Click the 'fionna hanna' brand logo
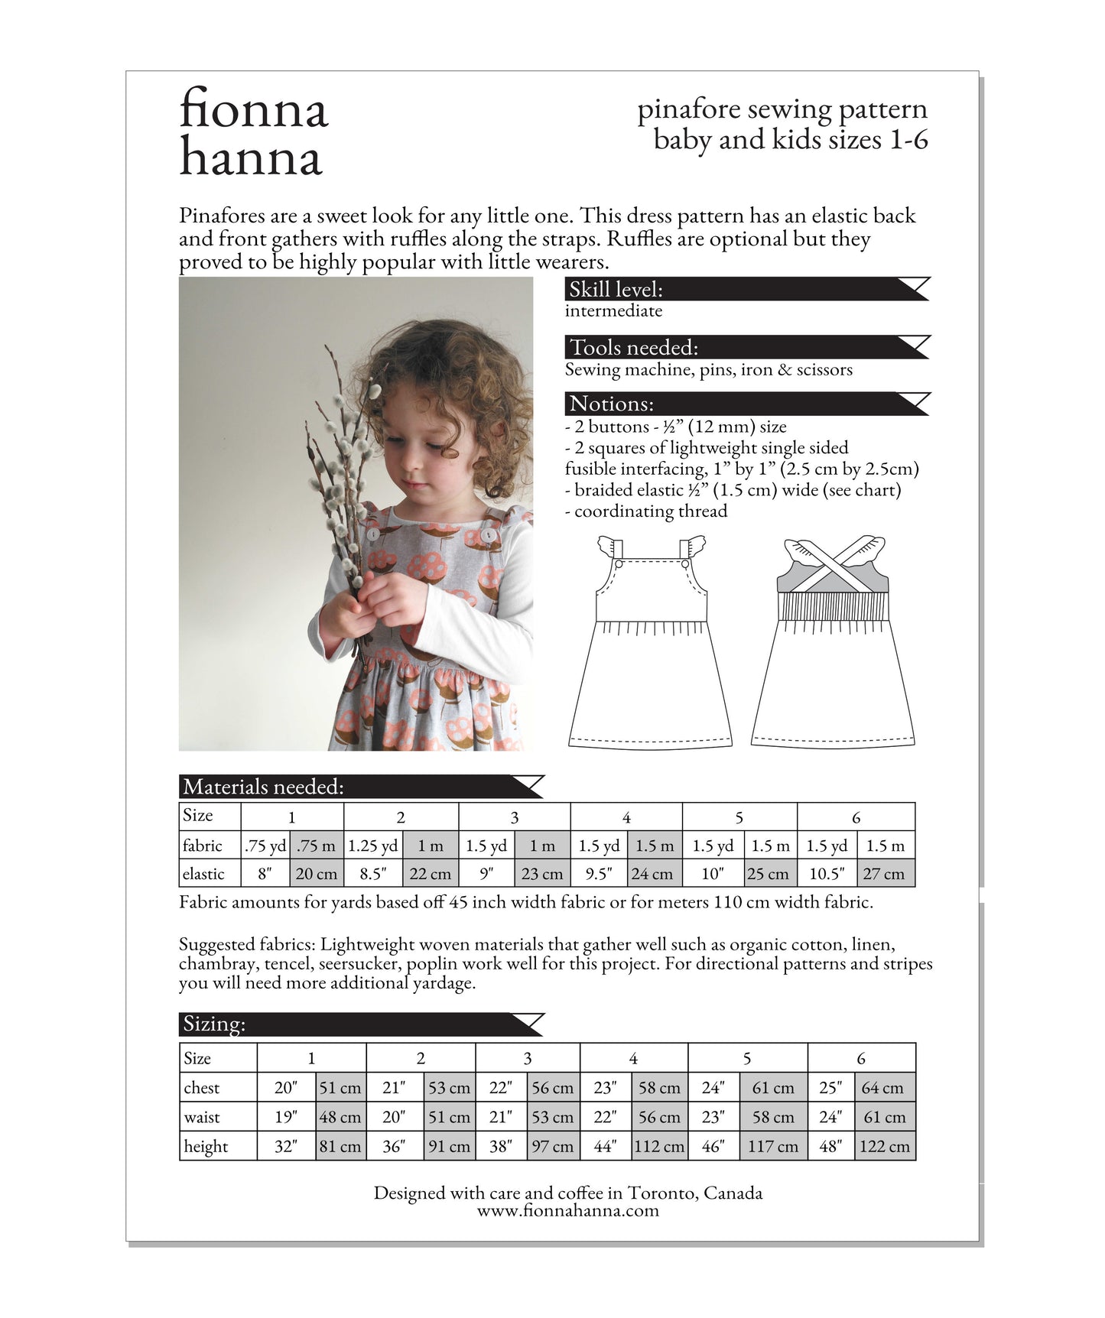point(253,132)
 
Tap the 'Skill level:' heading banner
point(746,289)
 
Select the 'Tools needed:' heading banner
point(746,347)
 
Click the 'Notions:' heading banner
point(746,404)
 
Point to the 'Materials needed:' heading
point(361,787)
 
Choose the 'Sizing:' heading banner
point(361,1024)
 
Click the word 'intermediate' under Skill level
point(613,310)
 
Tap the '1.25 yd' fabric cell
point(373,846)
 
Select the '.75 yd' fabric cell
point(265,846)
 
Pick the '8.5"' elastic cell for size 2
point(373,874)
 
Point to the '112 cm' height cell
point(659,1147)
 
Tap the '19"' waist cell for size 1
point(286,1117)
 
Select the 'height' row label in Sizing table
point(206,1147)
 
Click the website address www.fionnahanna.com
point(567,1210)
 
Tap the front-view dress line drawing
point(650,657)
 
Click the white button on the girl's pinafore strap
point(373,534)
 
